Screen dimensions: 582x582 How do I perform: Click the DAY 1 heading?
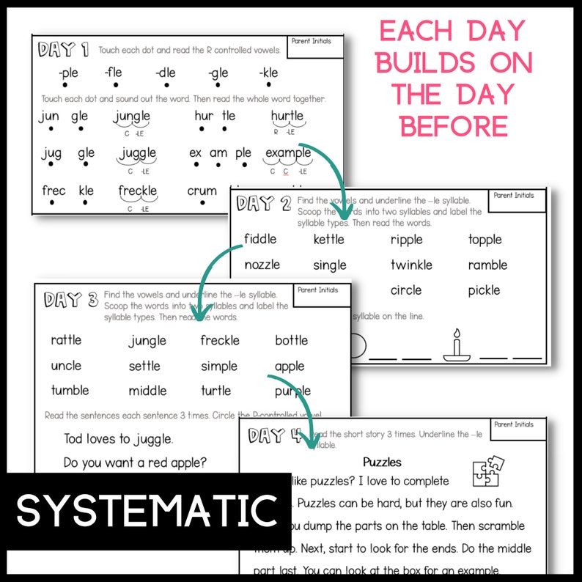pyautogui.click(x=64, y=50)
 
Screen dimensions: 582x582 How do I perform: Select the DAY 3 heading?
pyautogui.click(x=70, y=299)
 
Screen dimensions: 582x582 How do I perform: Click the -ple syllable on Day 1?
pyautogui.click(x=68, y=73)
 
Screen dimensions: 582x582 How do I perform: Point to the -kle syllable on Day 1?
pyautogui.click(x=268, y=73)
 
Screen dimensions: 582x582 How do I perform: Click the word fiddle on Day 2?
pyautogui.click(x=262, y=239)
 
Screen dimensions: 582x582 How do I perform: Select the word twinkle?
pyautogui.click(x=411, y=265)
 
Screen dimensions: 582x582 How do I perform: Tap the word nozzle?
pyautogui.click(x=262, y=265)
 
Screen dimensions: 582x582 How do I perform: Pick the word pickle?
pyautogui.click(x=484, y=290)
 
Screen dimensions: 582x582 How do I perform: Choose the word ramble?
pyautogui.click(x=487, y=265)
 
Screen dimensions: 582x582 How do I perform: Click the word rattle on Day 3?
pyautogui.click(x=66, y=340)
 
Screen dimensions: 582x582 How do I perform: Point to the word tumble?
pyautogui.click(x=70, y=390)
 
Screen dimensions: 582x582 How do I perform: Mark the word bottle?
pyautogui.click(x=291, y=340)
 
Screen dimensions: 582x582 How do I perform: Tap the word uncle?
pyautogui.click(x=66, y=365)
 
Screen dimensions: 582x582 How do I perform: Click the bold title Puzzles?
pyautogui.click(x=382, y=463)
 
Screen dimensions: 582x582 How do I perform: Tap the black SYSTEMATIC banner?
pyautogui.click(x=144, y=511)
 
